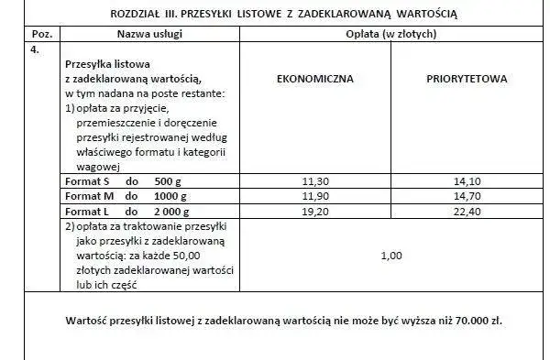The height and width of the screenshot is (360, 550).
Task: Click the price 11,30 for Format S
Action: coord(313,180)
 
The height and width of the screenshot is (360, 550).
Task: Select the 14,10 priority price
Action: coord(467,180)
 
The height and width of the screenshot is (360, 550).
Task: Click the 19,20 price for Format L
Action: coord(313,211)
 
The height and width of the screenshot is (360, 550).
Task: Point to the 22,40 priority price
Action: coord(467,211)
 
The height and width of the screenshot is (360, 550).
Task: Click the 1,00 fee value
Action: coord(391,256)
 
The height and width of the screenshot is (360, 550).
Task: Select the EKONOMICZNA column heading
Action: coord(314,79)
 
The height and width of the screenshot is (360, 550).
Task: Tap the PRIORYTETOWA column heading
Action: coord(467,79)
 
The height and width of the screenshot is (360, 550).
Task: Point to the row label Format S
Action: coord(90,181)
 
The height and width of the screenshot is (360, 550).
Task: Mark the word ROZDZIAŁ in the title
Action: coord(137,14)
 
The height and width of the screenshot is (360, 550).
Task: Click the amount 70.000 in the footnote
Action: coord(468,322)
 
